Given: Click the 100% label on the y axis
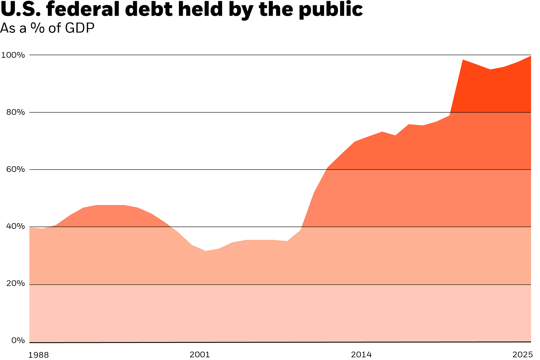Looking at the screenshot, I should point(13,55).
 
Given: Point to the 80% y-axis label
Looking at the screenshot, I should point(16,112).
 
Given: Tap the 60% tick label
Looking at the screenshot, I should point(16,169).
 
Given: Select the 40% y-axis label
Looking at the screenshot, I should point(16,226).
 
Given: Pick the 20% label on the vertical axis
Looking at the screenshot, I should point(16,284).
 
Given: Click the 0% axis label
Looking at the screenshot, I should point(18,341).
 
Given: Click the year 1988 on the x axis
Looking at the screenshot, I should point(38,355).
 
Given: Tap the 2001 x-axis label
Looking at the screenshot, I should point(200,355).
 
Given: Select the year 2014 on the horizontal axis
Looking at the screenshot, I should point(361,355).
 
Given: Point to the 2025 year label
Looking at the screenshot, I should point(522,355).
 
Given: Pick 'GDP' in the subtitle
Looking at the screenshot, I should point(80,28).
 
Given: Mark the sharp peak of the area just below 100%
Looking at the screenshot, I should point(463,60).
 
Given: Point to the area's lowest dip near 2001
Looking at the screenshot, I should point(206,251).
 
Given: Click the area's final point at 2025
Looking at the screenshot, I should point(531,56).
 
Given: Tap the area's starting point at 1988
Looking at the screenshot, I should point(30,228).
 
